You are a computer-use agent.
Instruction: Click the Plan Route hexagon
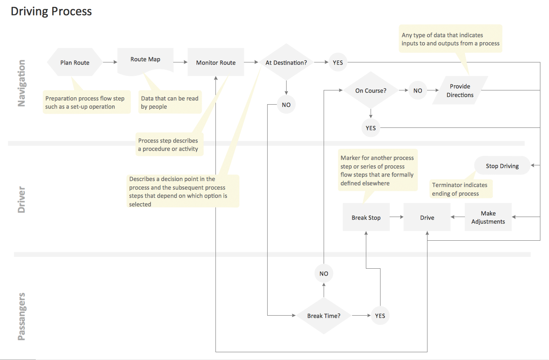pos(75,62)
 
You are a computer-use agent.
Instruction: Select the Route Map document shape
pos(145,61)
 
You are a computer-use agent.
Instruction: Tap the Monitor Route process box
pos(215,62)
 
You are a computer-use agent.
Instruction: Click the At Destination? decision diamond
pos(286,62)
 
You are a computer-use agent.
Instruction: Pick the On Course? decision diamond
pos(371,90)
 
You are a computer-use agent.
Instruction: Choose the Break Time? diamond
pos(324,316)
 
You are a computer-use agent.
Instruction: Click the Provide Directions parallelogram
pos(460,90)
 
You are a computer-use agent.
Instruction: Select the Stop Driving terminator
pos(502,165)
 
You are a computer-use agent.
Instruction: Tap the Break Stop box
pos(366,217)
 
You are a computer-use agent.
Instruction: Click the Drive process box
pos(427,217)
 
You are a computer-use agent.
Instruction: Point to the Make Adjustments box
pos(488,217)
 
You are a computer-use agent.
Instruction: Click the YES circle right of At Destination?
pos(338,62)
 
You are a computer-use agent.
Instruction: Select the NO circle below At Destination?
pos(286,105)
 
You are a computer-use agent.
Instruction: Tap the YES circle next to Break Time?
pos(380,316)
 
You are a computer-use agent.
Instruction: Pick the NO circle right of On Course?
pos(418,90)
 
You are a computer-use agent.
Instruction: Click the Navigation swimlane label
pos(22,83)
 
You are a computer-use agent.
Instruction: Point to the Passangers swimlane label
pos(22,317)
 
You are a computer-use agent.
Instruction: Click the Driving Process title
pos(51,11)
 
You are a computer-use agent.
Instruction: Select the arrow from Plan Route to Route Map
pos(110,62)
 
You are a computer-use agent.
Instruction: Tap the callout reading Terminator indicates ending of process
pos(461,189)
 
